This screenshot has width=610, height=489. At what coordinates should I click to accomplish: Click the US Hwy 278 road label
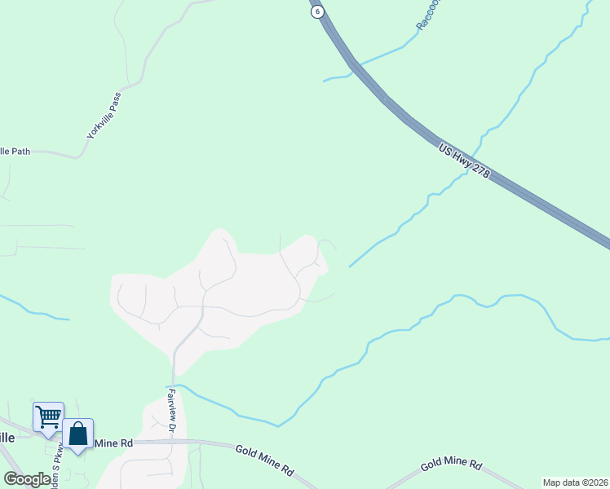[x=463, y=163]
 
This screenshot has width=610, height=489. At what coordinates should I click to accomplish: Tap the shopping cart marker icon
[x=48, y=416]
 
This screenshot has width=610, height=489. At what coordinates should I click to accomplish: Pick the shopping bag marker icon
[x=78, y=434]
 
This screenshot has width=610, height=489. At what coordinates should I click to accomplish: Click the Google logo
[x=26, y=480]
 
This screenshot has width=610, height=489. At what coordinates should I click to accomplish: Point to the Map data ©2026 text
[x=576, y=482]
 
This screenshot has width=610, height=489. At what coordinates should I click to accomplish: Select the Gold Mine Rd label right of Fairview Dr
[x=263, y=460]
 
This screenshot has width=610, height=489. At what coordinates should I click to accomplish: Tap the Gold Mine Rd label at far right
[x=451, y=465]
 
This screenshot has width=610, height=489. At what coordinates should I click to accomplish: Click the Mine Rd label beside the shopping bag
[x=113, y=443]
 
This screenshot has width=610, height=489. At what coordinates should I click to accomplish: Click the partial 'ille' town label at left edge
[x=7, y=437]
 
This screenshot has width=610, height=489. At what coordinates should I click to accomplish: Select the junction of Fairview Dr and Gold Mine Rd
[x=173, y=441]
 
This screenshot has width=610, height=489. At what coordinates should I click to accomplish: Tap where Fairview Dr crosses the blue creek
[x=173, y=384]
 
